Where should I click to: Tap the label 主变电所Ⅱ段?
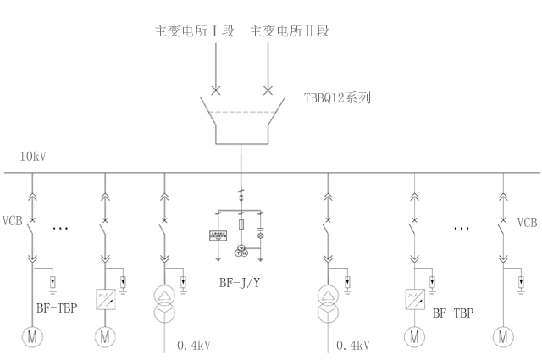click(x=288, y=31)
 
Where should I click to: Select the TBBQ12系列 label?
click(x=337, y=97)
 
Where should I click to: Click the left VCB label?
click(x=16, y=222)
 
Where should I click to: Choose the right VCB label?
click(x=528, y=223)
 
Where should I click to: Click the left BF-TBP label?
click(x=58, y=307)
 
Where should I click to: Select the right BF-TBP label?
click(x=453, y=313)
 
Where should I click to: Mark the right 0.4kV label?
click(x=354, y=345)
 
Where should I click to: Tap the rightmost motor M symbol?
click(x=506, y=336)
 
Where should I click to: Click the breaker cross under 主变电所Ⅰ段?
click(x=216, y=90)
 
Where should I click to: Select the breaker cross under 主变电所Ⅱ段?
click(x=268, y=90)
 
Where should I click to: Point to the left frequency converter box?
click(x=105, y=297)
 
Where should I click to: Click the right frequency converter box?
click(x=414, y=297)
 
